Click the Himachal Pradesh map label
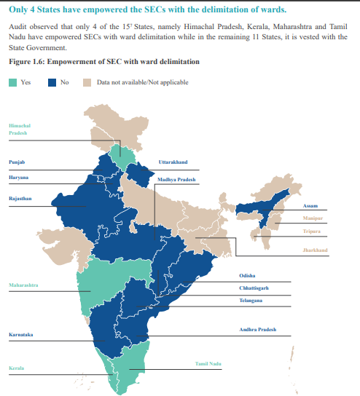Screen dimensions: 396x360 [20, 130]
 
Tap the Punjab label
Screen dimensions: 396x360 [17, 162]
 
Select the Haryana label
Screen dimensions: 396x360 [19, 177]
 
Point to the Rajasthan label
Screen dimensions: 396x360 [20, 198]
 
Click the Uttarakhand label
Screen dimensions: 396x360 [173, 162]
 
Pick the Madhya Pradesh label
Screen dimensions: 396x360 [176, 179]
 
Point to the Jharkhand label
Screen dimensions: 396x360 [316, 250]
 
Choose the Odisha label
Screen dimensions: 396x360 [247, 275]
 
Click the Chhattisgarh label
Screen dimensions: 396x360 [254, 288]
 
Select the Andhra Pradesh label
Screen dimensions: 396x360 [258, 330]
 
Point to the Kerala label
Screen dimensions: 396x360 [17, 368]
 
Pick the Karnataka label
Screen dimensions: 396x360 [20, 335]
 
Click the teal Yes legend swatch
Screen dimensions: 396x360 [15, 82]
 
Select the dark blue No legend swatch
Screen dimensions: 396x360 [51, 82]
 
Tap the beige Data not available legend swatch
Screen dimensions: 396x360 [87, 82]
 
